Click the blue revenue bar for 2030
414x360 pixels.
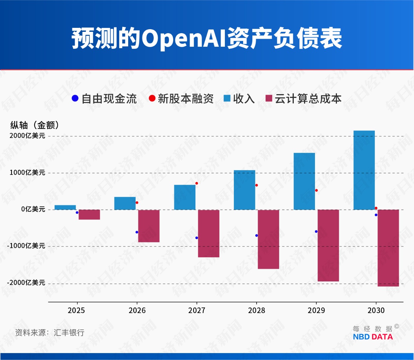(364, 170)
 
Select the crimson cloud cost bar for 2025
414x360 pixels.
(89, 214)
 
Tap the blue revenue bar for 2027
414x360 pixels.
(184, 197)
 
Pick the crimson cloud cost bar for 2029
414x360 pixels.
(328, 245)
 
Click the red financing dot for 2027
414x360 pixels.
(196, 183)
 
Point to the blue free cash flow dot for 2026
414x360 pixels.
(137, 232)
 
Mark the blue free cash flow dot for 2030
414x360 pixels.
(376, 215)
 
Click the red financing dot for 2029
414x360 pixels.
(316, 190)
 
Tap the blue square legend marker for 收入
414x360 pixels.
(227, 98)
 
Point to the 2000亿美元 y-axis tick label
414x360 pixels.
(27, 136)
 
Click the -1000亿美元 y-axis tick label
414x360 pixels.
(26, 246)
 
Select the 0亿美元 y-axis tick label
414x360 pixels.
(33, 209)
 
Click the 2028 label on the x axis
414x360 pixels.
(256, 310)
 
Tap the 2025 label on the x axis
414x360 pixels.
(76, 310)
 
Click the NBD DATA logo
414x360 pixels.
(373, 337)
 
